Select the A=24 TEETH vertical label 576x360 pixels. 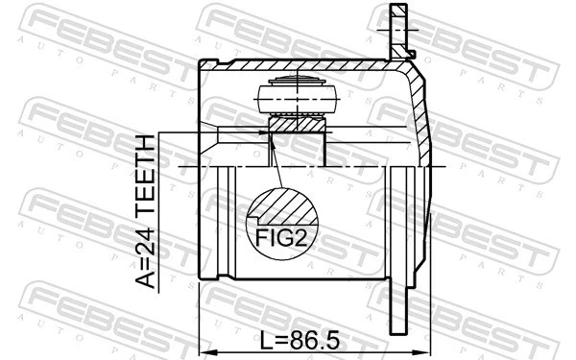click(x=144, y=210)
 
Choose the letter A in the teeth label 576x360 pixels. click(x=144, y=279)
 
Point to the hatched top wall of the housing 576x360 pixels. click(x=288, y=63)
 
